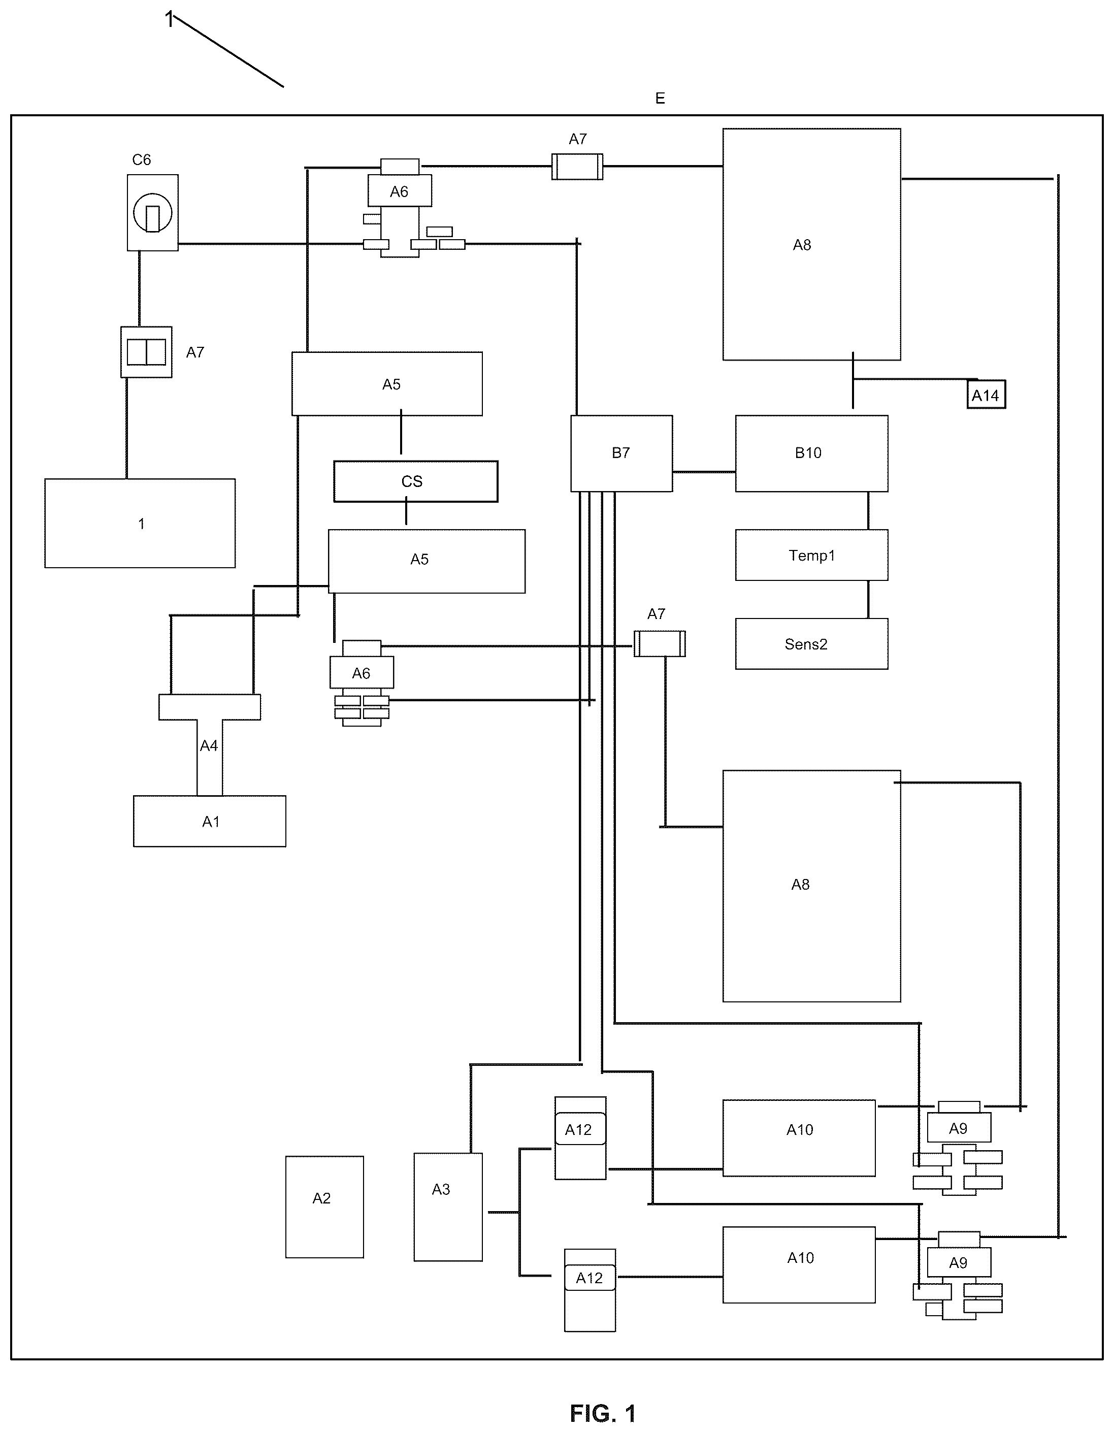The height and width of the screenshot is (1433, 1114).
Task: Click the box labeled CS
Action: point(415,481)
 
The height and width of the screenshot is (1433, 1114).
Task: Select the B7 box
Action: point(621,453)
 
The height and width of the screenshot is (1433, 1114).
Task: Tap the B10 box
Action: point(811,453)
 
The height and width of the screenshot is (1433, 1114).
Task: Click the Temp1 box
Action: point(811,555)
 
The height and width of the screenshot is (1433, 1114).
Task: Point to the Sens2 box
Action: point(811,644)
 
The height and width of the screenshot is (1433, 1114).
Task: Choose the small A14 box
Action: point(986,395)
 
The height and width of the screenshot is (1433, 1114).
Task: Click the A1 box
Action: point(210,822)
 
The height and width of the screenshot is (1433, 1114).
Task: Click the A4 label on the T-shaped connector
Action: point(209,745)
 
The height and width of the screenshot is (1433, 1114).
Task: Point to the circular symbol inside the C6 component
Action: point(153,213)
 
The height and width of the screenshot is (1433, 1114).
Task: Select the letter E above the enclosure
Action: point(660,99)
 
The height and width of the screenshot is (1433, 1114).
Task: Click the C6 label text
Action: point(142,159)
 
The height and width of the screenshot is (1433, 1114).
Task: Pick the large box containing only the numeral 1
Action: point(140,523)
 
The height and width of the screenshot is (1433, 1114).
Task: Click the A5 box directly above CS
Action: point(387,384)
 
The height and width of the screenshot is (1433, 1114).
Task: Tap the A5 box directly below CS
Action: point(427,561)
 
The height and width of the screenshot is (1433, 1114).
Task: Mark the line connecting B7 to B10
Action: point(704,472)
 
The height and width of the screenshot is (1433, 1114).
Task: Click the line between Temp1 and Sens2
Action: point(869,599)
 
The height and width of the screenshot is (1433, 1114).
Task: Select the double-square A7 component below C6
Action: point(146,352)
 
